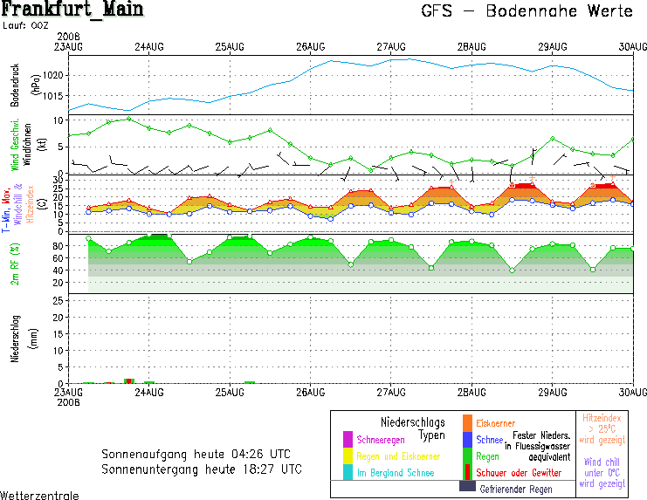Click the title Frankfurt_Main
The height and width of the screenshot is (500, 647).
tap(72, 10)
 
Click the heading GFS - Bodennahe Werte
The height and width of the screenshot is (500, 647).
tap(527, 12)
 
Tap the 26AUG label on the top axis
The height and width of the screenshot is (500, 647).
tap(310, 45)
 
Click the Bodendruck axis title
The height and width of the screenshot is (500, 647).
tap(15, 85)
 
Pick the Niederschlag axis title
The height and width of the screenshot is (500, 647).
tap(15, 339)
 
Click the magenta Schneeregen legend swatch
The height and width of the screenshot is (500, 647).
tap(348, 439)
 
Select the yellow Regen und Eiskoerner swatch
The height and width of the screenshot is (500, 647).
tap(348, 455)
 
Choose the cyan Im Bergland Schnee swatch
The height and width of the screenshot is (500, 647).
tap(348, 472)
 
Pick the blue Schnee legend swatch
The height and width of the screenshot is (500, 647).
tap(467, 440)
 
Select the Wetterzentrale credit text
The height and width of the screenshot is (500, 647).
tap(39, 495)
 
